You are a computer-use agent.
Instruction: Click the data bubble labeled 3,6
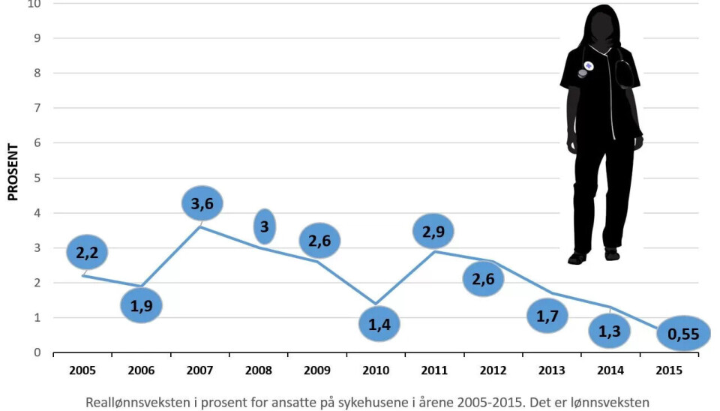click(x=202, y=203)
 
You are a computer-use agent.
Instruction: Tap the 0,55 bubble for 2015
click(x=683, y=334)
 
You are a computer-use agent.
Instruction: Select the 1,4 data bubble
click(x=379, y=324)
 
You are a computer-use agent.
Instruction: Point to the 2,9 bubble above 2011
click(x=433, y=231)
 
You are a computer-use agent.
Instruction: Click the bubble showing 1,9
click(x=141, y=305)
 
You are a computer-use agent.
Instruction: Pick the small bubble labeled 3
click(x=265, y=226)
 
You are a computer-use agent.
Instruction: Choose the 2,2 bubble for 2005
click(x=86, y=252)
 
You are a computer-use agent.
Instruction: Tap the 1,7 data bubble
click(x=547, y=315)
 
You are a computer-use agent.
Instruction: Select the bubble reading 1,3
click(x=609, y=331)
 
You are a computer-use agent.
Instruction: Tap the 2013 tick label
click(x=551, y=370)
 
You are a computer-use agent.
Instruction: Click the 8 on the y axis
click(x=37, y=73)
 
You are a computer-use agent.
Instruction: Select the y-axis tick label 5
click(x=37, y=178)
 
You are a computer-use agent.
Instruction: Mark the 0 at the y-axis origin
click(x=37, y=352)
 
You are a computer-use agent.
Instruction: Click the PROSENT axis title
click(x=13, y=172)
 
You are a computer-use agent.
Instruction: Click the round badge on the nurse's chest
click(x=589, y=66)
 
